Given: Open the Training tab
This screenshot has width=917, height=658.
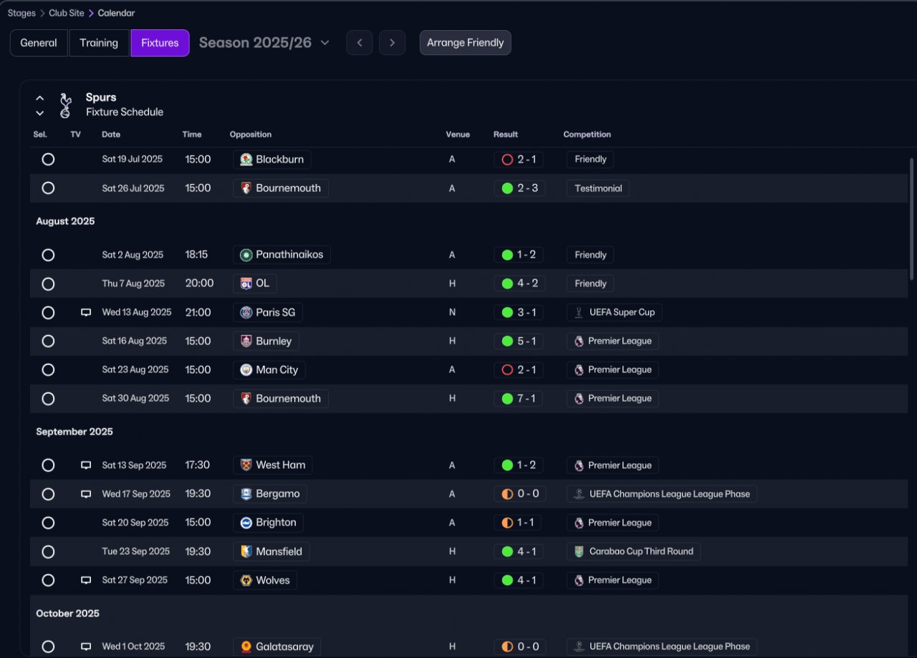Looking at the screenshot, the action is coord(99,43).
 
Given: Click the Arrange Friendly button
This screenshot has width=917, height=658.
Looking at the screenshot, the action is coord(465,42).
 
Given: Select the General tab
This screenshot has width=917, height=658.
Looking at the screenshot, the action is coord(39,43).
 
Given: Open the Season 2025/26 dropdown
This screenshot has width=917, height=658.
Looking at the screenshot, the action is coord(264,42).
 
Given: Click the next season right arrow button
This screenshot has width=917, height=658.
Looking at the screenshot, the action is coord(392,42).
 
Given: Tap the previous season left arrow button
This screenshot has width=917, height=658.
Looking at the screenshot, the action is coord(360,42).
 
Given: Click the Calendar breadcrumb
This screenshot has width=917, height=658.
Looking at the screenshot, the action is coord(116,13).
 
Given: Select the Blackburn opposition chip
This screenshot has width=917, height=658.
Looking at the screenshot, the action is coord(272,159).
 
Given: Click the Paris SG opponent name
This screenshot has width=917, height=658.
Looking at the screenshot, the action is coord(276,312).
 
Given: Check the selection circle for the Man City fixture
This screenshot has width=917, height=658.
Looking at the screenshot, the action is coord(48,369).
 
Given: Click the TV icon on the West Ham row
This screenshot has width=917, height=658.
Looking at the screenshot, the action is coord(85,465).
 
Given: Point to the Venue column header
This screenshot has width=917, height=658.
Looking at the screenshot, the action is coord(458,134).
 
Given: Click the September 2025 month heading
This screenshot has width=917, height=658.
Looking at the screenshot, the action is coord(75,431).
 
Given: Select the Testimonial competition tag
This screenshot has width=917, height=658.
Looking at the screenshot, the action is coord(597,188).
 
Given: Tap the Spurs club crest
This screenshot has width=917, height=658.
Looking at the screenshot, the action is coord(65,105).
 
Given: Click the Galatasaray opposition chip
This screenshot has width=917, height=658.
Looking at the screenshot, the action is coord(277,647).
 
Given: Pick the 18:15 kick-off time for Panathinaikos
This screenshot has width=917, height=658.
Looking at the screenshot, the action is coord(196,254).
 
